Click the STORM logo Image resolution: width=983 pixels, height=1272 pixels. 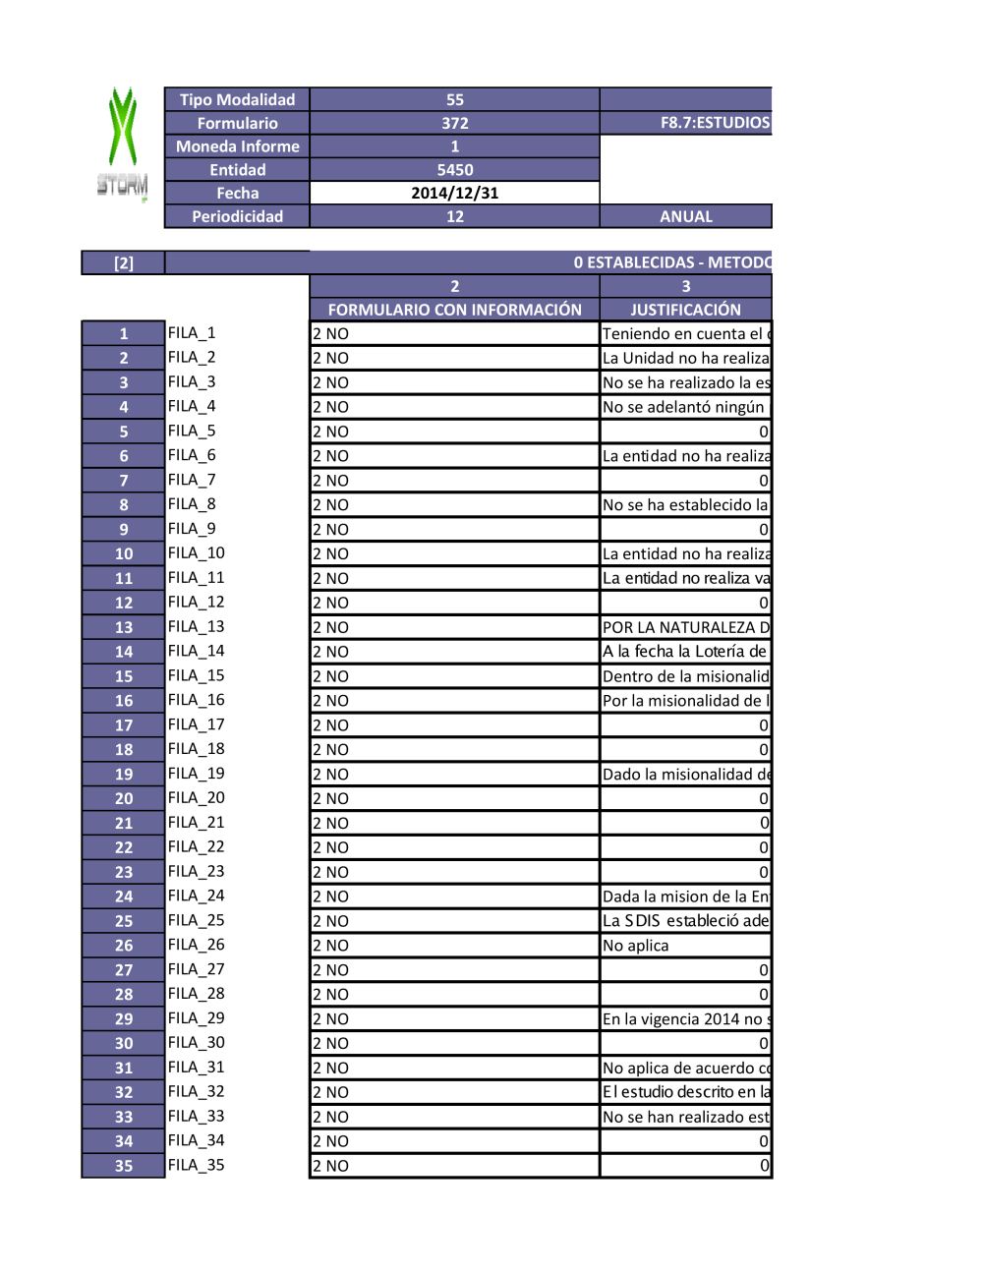pos(123,144)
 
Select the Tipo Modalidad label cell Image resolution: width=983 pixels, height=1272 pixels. pos(237,99)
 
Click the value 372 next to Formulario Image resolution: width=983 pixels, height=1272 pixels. pos(454,123)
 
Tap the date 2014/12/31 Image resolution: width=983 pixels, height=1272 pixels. pos(454,193)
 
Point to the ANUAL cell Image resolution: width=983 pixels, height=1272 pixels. pos(685,216)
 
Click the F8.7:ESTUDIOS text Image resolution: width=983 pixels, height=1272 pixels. pos(714,123)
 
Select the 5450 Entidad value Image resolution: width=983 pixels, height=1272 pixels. pos(454,170)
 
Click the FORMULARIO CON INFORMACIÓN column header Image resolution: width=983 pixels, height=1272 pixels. pos(454,310)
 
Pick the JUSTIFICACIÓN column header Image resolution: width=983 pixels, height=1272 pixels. pos(685,310)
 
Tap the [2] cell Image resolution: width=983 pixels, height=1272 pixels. pos(123,262)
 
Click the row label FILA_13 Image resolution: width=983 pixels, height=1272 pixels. pos(197,626)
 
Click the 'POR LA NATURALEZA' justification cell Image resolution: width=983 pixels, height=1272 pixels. pos(685,627)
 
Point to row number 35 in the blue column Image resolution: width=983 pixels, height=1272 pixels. pos(123,1166)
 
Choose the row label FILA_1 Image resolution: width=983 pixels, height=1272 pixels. pos(192,333)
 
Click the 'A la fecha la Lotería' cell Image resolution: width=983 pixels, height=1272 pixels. pos(685,652)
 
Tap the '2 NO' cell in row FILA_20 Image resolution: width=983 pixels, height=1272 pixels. pos(454,798)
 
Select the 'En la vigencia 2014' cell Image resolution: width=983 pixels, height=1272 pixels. pos(685,1019)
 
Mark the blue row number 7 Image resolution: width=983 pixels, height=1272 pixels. pos(123,481)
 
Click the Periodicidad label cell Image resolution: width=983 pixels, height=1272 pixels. pos(237,216)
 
